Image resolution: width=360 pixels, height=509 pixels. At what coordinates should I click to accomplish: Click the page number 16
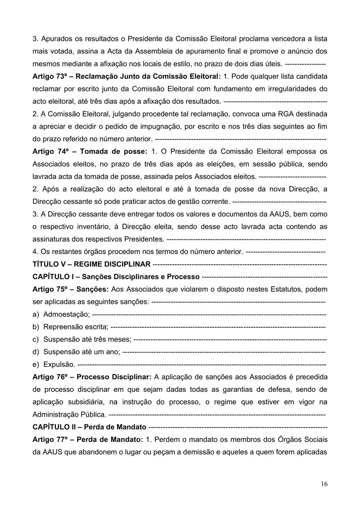coord(324,484)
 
